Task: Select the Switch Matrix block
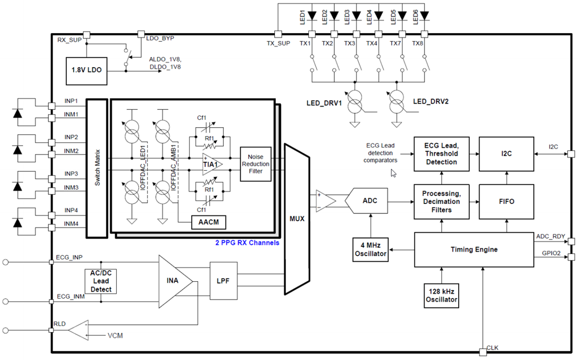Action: click(x=97, y=168)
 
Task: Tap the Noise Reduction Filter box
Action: click(x=255, y=164)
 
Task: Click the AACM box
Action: click(x=209, y=222)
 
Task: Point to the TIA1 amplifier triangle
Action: click(x=211, y=164)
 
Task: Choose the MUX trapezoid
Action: click(x=297, y=219)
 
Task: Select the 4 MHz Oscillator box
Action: click(x=370, y=250)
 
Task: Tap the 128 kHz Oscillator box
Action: click(x=441, y=295)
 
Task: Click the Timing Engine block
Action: click(x=474, y=250)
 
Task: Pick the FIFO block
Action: click(x=507, y=202)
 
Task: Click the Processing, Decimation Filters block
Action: click(x=441, y=202)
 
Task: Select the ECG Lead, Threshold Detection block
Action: click(x=441, y=154)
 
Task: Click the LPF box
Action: click(x=223, y=281)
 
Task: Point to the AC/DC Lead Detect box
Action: click(x=101, y=281)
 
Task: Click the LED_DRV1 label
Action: click(x=324, y=104)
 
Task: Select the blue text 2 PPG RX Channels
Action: click(x=247, y=243)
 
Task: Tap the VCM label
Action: click(x=115, y=336)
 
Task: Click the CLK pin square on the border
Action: click(x=482, y=352)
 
